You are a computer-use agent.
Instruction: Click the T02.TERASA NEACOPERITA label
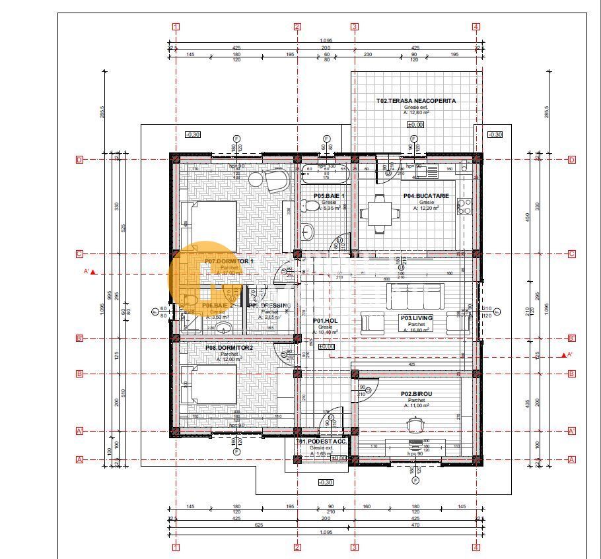(x=416, y=101)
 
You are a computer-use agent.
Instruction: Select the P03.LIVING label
(x=416, y=318)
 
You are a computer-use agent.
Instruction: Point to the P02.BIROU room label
(x=416, y=394)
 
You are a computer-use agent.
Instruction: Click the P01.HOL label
(x=326, y=321)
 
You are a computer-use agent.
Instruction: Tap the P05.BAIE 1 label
(x=329, y=196)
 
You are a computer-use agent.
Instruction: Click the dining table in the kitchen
(x=380, y=213)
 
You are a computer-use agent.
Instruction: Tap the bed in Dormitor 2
(x=209, y=385)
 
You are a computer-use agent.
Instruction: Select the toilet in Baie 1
(x=308, y=207)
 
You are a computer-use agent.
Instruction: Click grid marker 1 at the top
(x=176, y=27)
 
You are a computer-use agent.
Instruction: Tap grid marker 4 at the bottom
(x=476, y=547)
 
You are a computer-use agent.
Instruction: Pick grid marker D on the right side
(x=572, y=160)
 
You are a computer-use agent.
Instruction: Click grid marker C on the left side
(x=79, y=254)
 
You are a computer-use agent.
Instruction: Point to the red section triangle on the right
(x=564, y=355)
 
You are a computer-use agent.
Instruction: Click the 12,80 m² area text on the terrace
(x=415, y=113)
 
